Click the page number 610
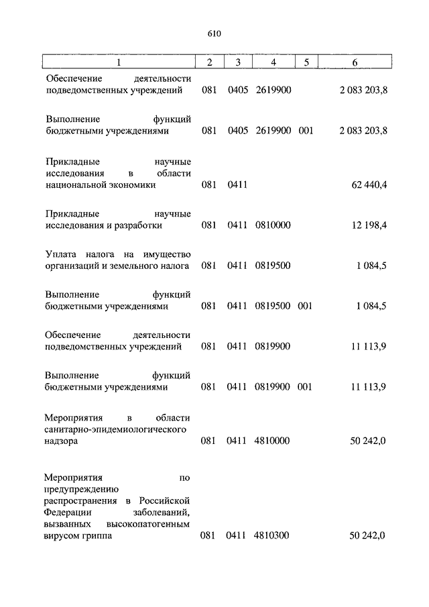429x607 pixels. (214, 34)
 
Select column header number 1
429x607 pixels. (119, 62)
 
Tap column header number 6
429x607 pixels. (355, 62)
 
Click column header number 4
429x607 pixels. (273, 62)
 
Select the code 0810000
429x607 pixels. (273, 226)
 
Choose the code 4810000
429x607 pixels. (273, 441)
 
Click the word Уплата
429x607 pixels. (61, 254)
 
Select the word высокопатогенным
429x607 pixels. (148, 524)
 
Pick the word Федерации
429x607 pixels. (68, 512)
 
